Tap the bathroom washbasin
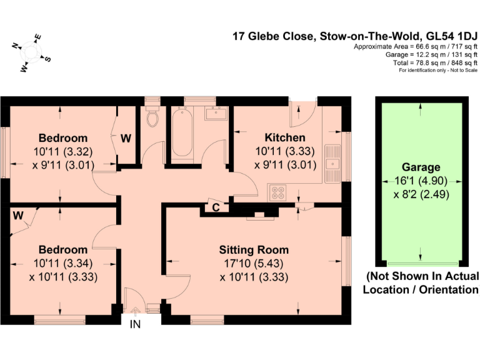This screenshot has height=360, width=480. pos(218,114)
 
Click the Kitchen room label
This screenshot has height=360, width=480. pos(284,137)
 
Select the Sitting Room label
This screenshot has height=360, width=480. pos(253,250)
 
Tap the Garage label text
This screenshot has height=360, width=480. pos(421,167)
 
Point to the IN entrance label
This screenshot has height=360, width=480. pos(135,324)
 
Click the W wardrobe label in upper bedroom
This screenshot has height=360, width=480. pos(126,138)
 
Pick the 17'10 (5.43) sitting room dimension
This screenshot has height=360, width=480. pos(253,263)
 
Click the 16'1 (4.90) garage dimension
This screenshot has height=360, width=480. pos(421,181)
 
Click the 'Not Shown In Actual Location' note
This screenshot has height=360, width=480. pos(422,282)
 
